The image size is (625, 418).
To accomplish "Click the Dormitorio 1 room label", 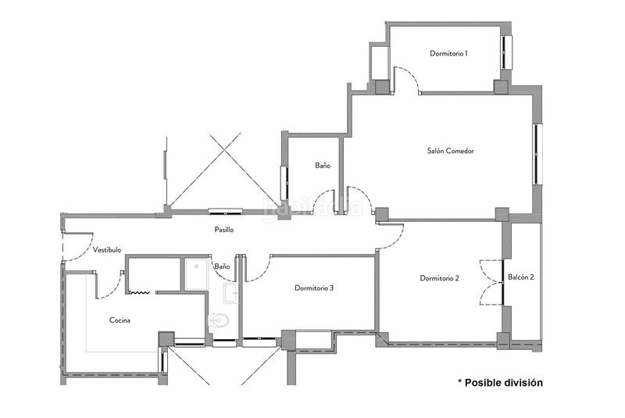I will [448, 54].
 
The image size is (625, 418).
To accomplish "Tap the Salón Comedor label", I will [451, 151].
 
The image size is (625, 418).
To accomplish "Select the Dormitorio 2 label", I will [439, 278].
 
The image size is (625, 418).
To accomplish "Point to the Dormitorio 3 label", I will [314, 288].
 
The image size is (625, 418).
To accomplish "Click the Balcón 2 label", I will [521, 277].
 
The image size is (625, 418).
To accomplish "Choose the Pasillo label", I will [224, 230].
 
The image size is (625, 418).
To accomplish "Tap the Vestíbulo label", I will [107, 250].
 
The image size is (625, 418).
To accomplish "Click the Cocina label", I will [120, 320].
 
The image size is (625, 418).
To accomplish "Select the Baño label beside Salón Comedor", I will [323, 166].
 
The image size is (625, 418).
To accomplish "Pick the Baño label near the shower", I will [222, 266].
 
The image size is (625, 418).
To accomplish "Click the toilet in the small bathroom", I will [219, 320].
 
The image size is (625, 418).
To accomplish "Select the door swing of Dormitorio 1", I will [406, 79].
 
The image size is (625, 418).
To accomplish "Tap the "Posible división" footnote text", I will [500, 382].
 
